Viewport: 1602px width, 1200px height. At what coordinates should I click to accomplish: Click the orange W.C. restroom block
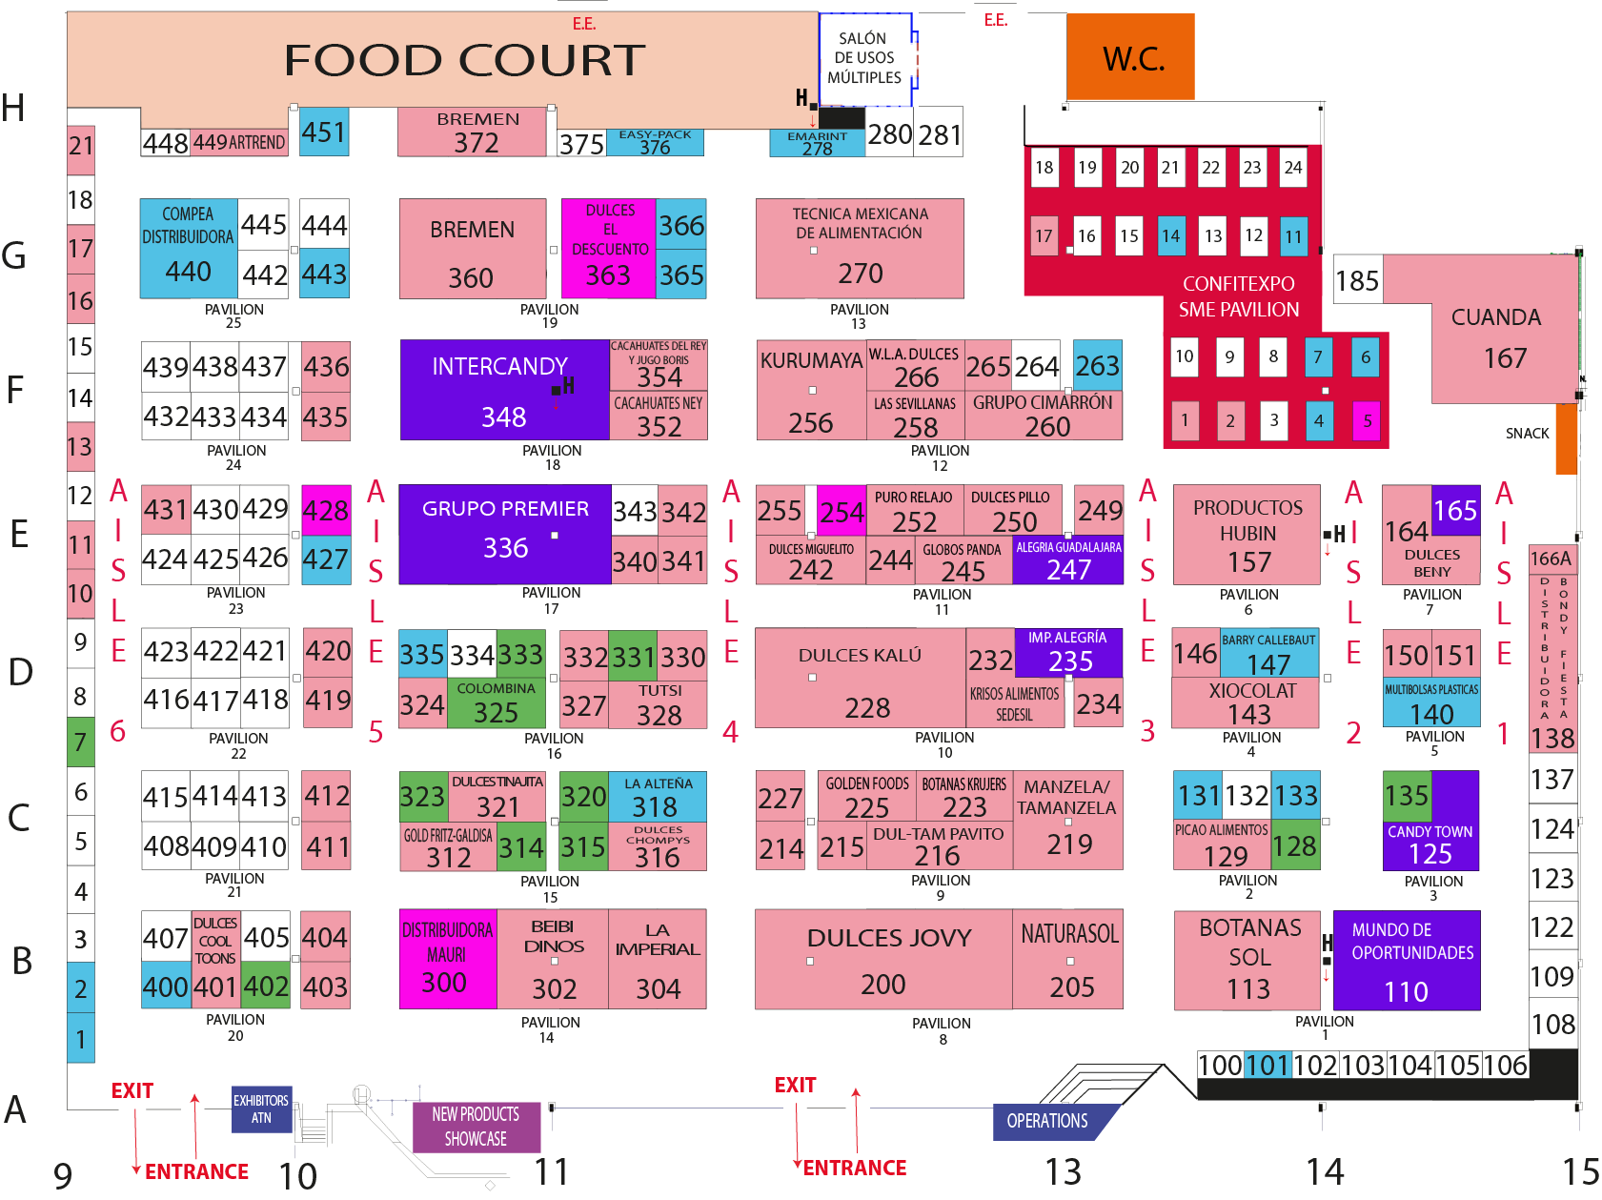(1130, 57)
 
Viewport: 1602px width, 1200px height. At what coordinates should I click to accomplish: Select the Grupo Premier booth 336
(504, 534)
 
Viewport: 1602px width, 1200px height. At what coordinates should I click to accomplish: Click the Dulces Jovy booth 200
(883, 959)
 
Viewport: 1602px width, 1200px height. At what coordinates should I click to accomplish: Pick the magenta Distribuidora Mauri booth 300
(447, 959)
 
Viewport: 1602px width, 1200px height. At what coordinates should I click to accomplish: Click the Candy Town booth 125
(1430, 844)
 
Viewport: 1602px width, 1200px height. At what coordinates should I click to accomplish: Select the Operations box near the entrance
(1047, 1121)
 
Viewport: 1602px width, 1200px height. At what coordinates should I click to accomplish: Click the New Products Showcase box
(476, 1127)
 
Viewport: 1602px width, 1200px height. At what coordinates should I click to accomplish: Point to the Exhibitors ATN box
(261, 1109)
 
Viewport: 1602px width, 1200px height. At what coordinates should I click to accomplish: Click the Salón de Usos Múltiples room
(864, 58)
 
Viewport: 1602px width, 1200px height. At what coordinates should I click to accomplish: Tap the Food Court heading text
(464, 60)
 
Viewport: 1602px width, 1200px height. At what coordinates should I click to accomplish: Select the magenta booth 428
(326, 510)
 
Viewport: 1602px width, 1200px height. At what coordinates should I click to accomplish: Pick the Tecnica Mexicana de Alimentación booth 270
(860, 248)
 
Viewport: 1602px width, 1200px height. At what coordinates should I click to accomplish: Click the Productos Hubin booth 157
(1247, 535)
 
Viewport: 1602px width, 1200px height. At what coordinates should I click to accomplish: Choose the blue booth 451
(324, 132)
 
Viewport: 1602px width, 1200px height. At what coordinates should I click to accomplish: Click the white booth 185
(1357, 280)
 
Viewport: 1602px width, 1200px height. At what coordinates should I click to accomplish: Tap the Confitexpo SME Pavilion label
(1238, 296)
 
